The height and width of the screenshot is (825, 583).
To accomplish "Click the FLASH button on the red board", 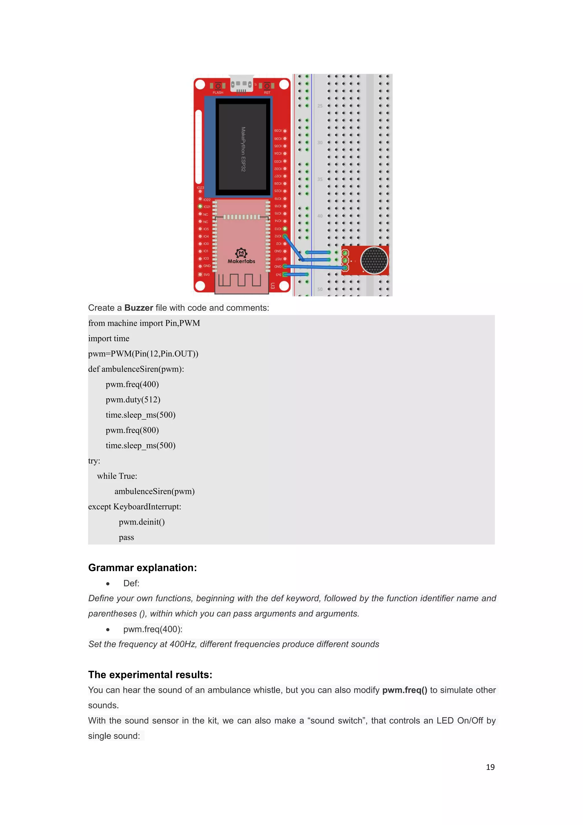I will click(217, 86).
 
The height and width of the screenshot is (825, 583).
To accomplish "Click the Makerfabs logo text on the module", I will click(241, 261).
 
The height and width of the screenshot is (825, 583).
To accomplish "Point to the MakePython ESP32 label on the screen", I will click(243, 149).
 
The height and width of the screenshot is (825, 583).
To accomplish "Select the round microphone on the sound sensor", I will click(374, 260).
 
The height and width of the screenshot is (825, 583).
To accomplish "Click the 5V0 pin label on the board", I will click(206, 275).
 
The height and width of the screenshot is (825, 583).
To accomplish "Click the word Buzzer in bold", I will click(139, 308).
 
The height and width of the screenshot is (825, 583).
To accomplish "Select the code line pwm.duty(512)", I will click(133, 400).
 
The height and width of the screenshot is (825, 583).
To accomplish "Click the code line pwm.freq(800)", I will click(132, 430).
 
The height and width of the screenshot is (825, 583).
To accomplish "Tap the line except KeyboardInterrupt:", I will click(135, 507).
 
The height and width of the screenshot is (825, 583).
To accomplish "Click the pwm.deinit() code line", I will click(142, 522).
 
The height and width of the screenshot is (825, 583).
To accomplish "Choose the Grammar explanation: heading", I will click(143, 568).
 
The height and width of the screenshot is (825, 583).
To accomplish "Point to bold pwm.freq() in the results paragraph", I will click(405, 690).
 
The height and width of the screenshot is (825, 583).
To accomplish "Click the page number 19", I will click(490, 767).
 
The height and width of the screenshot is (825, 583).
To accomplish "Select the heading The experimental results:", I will click(150, 675).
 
